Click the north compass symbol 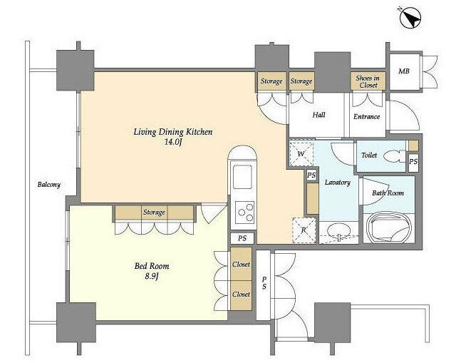pyautogui.click(x=410, y=18)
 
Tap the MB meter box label pyautogui.click(x=404, y=71)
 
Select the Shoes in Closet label pyautogui.click(x=368, y=81)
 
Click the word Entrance pyautogui.click(x=366, y=117)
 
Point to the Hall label pyautogui.click(x=318, y=115)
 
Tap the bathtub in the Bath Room pyautogui.click(x=389, y=229)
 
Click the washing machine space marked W pyautogui.click(x=301, y=154)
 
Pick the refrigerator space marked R pyautogui.click(x=304, y=230)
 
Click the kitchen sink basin pyautogui.click(x=242, y=177)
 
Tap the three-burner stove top pyautogui.click(x=245, y=213)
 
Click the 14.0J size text pyautogui.click(x=173, y=142)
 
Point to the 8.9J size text pyautogui.click(x=152, y=276)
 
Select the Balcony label pyautogui.click(x=49, y=185)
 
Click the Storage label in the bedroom pyautogui.click(x=154, y=213)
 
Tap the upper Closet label pyautogui.click(x=241, y=265)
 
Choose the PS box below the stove pyautogui.click(x=242, y=238)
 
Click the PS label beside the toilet pyautogui.click(x=413, y=161)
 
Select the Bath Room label pyautogui.click(x=388, y=193)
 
